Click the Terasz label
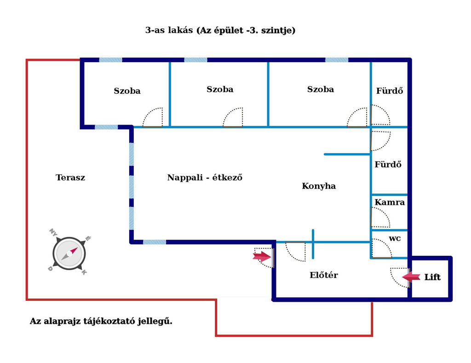[x=70, y=178]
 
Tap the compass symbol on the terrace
[x=69, y=254]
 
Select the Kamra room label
[x=390, y=202]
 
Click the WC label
[x=395, y=239]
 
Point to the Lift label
[x=432, y=277]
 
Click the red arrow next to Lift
[x=411, y=277]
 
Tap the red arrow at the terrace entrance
[x=262, y=257]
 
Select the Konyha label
[x=319, y=186]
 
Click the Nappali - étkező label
[x=205, y=178]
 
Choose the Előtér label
[x=324, y=275]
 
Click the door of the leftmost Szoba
[x=153, y=117]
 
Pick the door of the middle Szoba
[x=233, y=117]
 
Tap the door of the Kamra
[x=380, y=217]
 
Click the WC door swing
[x=382, y=248]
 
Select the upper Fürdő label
[x=390, y=91]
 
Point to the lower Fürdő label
[x=388, y=164]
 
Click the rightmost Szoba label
[x=321, y=89]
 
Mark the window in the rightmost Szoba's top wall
[x=337, y=60]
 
